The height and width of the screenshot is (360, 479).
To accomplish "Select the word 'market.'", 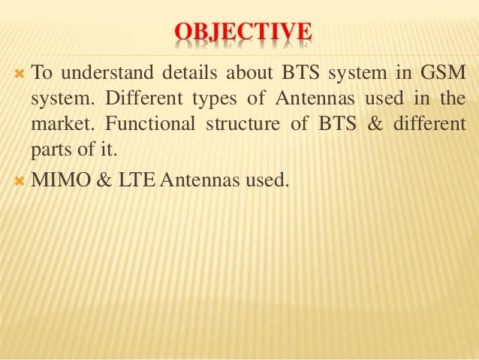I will coord(57,124).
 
